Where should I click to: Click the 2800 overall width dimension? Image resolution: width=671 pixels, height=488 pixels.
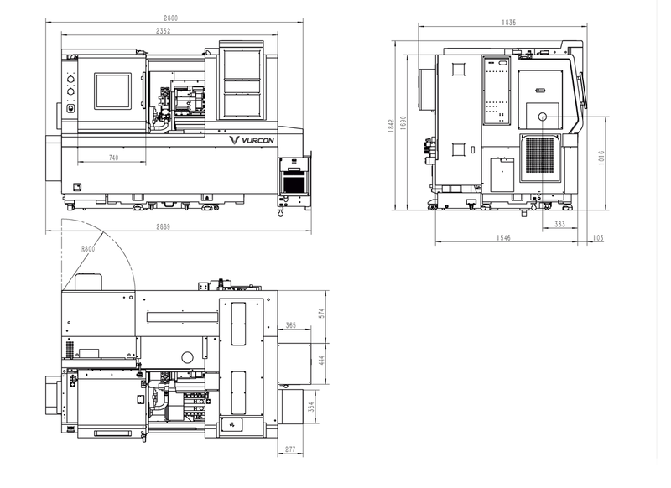[x=170, y=18]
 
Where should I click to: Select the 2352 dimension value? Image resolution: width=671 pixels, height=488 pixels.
[x=163, y=31]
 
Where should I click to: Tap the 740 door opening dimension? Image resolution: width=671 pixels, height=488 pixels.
[x=113, y=158]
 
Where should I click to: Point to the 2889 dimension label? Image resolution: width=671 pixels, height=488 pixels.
[x=163, y=226]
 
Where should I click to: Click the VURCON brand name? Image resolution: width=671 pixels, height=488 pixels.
[x=257, y=140]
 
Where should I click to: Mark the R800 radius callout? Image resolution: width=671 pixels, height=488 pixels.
[x=88, y=248]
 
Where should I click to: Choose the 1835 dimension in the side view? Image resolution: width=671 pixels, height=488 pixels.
[x=509, y=23]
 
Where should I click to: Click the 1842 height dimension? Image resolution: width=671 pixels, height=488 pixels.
[x=391, y=126]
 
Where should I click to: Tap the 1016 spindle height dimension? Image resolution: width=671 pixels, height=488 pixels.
[x=601, y=158]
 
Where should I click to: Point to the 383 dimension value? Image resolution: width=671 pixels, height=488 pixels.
[x=559, y=224]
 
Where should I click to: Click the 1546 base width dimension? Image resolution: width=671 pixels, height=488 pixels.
[x=504, y=238]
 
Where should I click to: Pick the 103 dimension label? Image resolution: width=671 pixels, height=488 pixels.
[x=599, y=238]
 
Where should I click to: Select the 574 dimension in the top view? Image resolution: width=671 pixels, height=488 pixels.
[x=322, y=313]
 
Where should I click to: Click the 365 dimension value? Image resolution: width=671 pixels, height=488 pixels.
[x=290, y=325]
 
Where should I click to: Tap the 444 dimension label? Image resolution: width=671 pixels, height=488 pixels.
[x=322, y=360]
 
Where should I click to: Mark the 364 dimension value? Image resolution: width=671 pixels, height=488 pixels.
[x=311, y=407]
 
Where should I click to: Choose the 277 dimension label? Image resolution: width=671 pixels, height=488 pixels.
[x=290, y=449]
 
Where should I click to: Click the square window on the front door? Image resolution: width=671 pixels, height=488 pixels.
[x=112, y=91]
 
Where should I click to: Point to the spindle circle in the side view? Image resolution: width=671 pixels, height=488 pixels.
[x=543, y=117]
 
